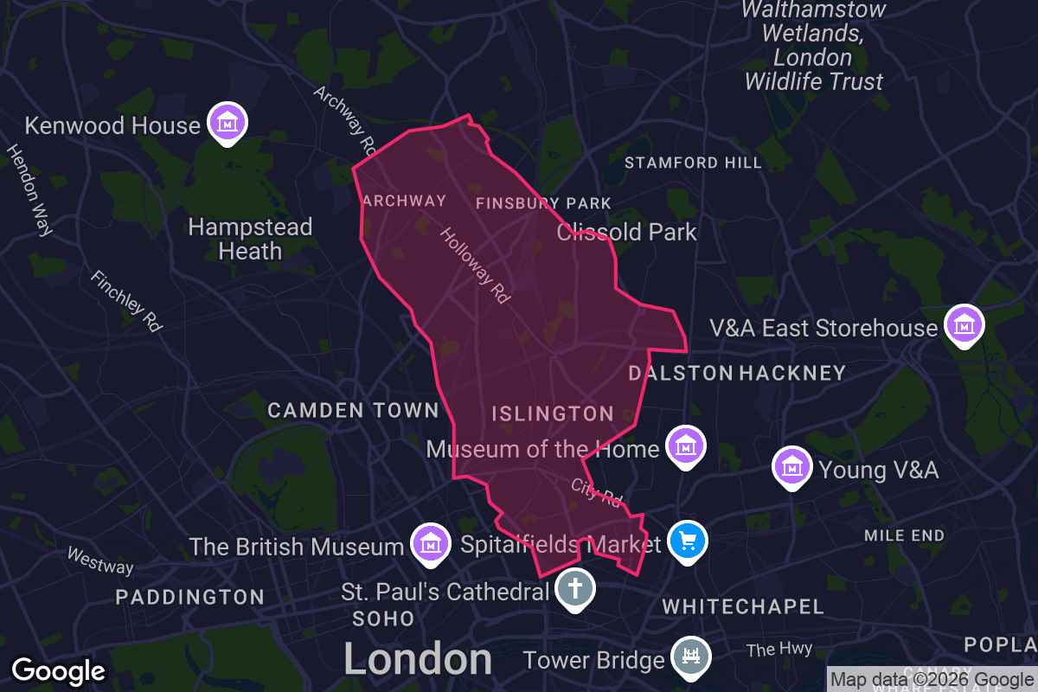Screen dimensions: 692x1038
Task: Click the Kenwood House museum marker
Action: coord(227,123)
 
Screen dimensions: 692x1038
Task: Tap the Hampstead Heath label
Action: coord(250,239)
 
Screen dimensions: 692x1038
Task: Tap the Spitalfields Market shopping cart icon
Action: coord(688,541)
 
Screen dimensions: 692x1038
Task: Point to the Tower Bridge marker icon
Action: coord(689,658)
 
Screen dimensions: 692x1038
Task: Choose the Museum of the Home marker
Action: coord(686,446)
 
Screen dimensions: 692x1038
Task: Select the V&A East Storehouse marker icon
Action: coord(963,324)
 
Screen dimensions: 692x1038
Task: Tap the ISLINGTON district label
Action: coord(553,413)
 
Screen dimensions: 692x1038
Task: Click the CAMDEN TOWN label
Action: coord(354,410)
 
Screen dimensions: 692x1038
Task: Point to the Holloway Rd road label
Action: coord(475,266)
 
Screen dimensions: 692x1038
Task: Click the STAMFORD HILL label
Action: coord(693,163)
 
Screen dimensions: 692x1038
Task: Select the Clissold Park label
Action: coord(627,232)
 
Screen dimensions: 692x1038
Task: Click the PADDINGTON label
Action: coord(190,597)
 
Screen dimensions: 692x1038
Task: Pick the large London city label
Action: coord(418,659)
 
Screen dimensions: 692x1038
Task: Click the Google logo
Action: coord(59,671)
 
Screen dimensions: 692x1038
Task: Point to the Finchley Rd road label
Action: coord(127,302)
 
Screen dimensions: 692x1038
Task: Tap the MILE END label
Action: coord(904,535)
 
